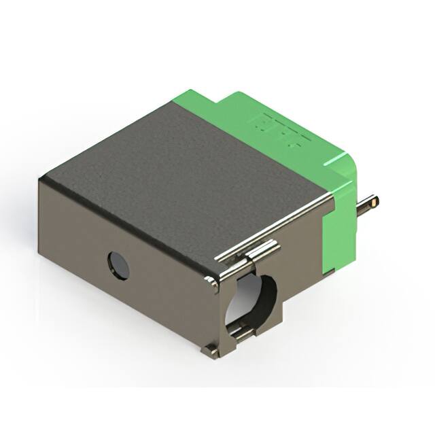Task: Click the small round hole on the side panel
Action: [119, 265]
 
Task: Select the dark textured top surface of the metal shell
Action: [184, 170]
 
